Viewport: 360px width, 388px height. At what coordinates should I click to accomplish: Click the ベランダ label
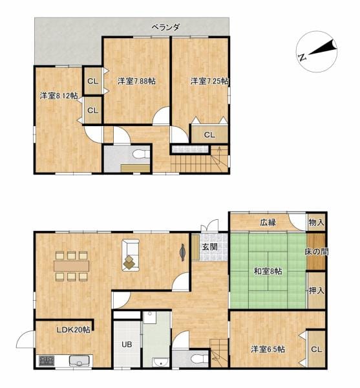point(165,27)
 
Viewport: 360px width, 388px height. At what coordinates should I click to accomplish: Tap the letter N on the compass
point(302,58)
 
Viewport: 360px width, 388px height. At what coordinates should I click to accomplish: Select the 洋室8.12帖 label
point(59,96)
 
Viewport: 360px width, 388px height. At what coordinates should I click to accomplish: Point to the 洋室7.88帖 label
point(136,81)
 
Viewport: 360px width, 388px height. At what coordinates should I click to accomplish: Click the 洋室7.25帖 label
point(209,81)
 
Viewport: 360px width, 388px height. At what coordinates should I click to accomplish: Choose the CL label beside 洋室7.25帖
point(209,135)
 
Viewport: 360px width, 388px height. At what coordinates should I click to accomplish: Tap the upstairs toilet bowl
point(141,154)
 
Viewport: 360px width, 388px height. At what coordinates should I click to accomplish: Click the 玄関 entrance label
point(209,247)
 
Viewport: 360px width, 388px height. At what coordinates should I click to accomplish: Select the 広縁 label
point(268,222)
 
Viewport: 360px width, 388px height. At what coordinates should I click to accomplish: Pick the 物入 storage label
point(316,222)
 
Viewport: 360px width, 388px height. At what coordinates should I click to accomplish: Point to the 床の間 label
point(316,252)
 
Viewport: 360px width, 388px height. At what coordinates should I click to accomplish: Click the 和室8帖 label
point(268,271)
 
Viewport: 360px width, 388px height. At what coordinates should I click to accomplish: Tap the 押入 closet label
point(317,291)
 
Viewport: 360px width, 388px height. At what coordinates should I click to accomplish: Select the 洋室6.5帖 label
point(268,349)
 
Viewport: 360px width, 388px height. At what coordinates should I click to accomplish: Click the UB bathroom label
point(127,344)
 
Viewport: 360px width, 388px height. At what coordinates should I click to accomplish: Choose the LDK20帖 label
point(74,330)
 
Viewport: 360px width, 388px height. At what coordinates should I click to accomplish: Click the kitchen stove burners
point(47,361)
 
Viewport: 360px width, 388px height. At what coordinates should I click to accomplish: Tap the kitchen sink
point(79,361)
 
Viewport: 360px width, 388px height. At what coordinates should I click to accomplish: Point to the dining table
point(72,266)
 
